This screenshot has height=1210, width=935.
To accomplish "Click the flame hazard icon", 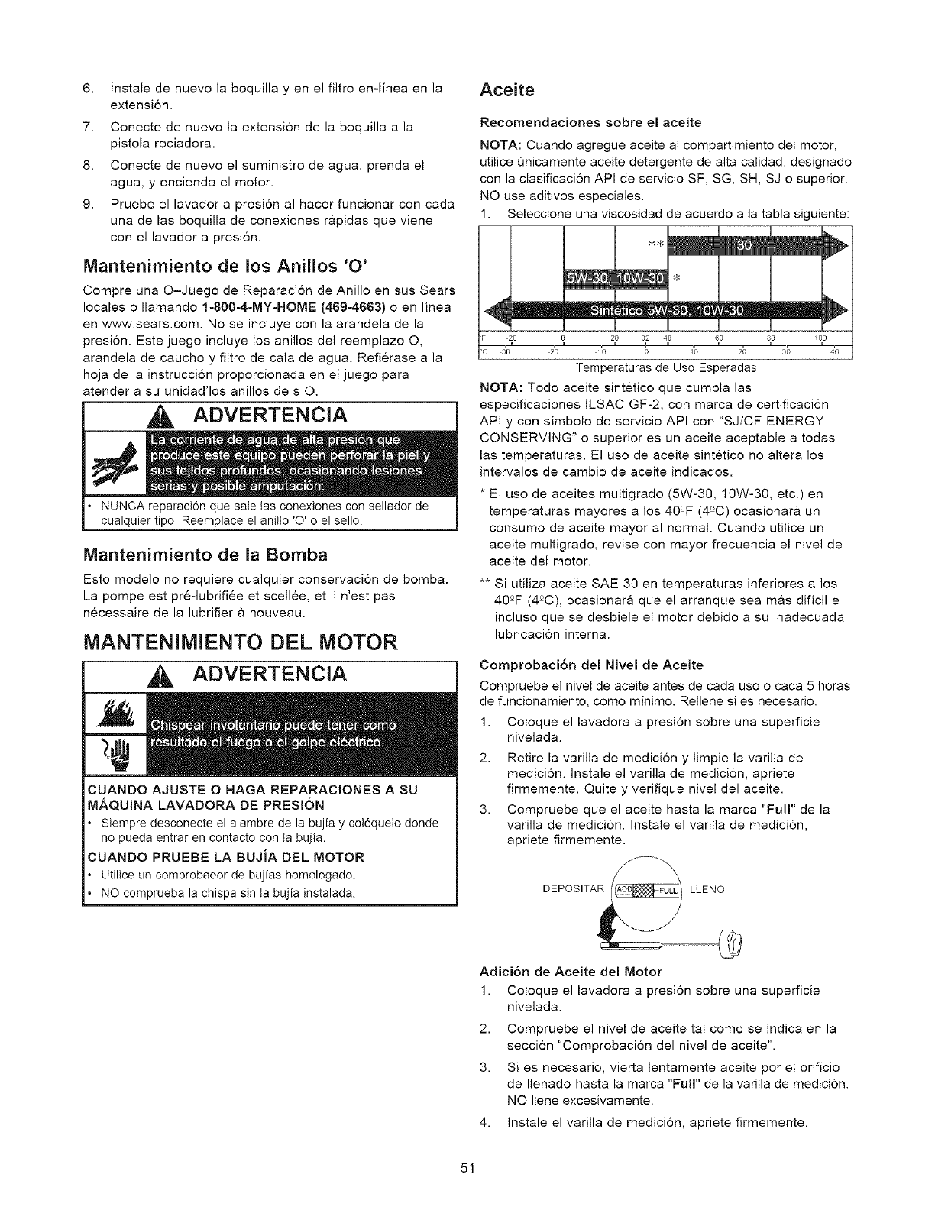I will (113, 713).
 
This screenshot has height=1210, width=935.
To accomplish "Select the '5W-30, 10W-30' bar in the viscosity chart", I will (616, 276).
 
